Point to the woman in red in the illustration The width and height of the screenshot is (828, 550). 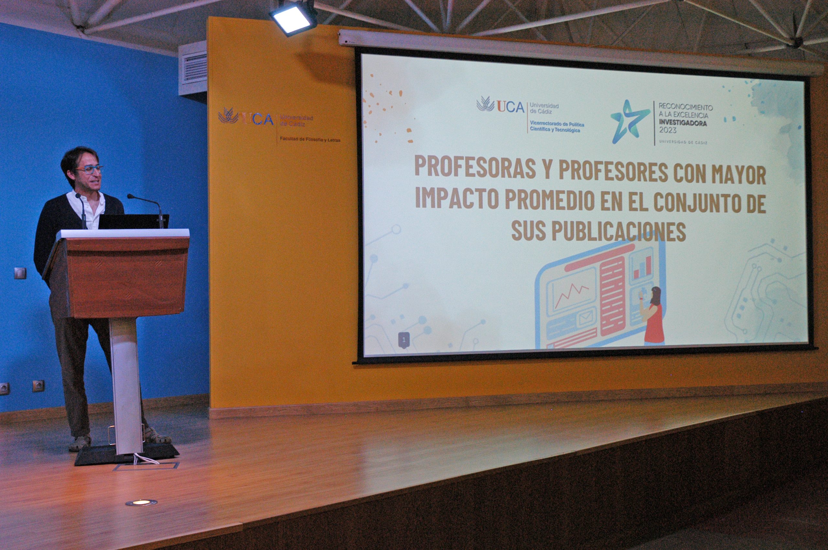coord(652,315)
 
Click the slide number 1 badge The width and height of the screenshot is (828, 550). coord(404,340)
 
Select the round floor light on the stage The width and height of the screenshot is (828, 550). coord(141,502)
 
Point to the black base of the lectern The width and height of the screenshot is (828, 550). coord(127,455)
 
